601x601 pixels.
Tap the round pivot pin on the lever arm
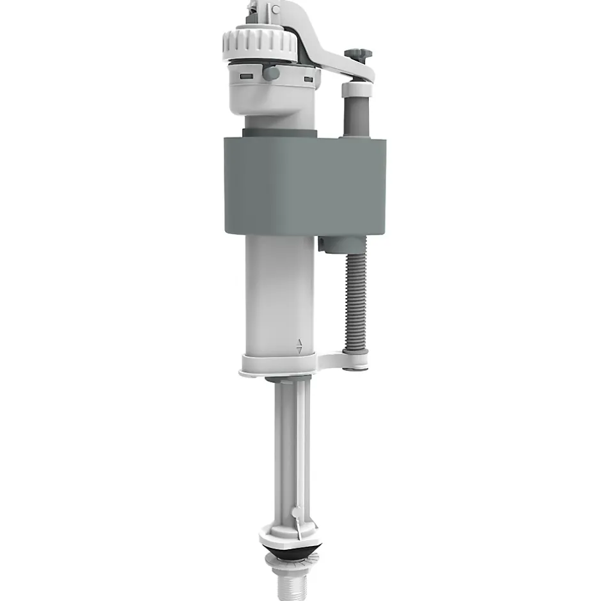click(276, 10)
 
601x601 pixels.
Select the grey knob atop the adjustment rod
click(354, 55)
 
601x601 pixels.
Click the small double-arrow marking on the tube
click(299, 345)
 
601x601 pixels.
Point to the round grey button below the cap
click(271, 73)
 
